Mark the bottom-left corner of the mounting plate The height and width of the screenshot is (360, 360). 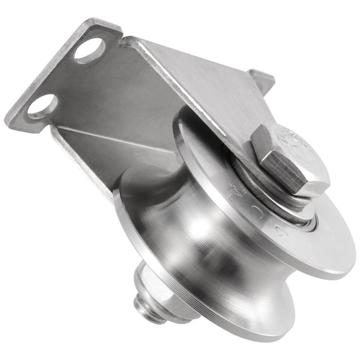[x=10, y=120]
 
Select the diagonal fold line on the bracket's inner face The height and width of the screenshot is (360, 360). [x=112, y=139]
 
